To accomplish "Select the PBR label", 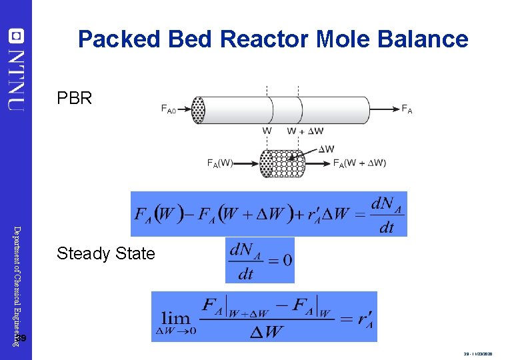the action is point(75,99).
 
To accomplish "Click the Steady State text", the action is point(106,253).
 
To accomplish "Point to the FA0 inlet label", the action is point(169,110).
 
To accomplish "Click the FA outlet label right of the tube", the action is point(407,110).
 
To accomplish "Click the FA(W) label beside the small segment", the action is point(219,163).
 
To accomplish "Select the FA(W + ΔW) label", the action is point(359,163).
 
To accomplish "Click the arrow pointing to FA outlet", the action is point(385,109).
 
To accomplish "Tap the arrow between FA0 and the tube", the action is point(185,109).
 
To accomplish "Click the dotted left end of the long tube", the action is point(198,110).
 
